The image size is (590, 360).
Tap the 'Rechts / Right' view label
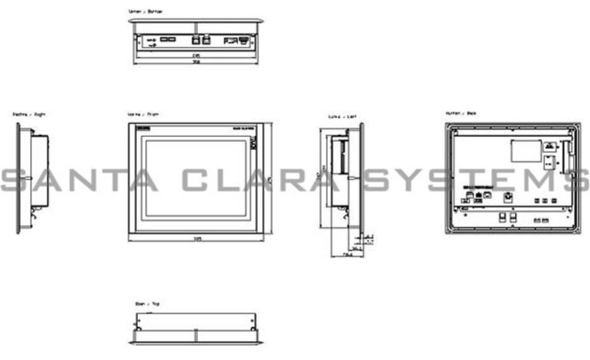[29, 113]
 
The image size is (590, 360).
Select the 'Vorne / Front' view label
[143, 113]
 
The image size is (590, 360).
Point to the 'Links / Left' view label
[342, 116]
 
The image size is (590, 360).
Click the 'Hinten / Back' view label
[461, 113]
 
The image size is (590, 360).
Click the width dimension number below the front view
[197, 239]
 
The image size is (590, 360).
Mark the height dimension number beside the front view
[269, 179]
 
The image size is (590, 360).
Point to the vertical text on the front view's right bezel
[253, 144]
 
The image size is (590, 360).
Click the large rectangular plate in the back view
[526, 150]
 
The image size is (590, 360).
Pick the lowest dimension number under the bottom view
[195, 62]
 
